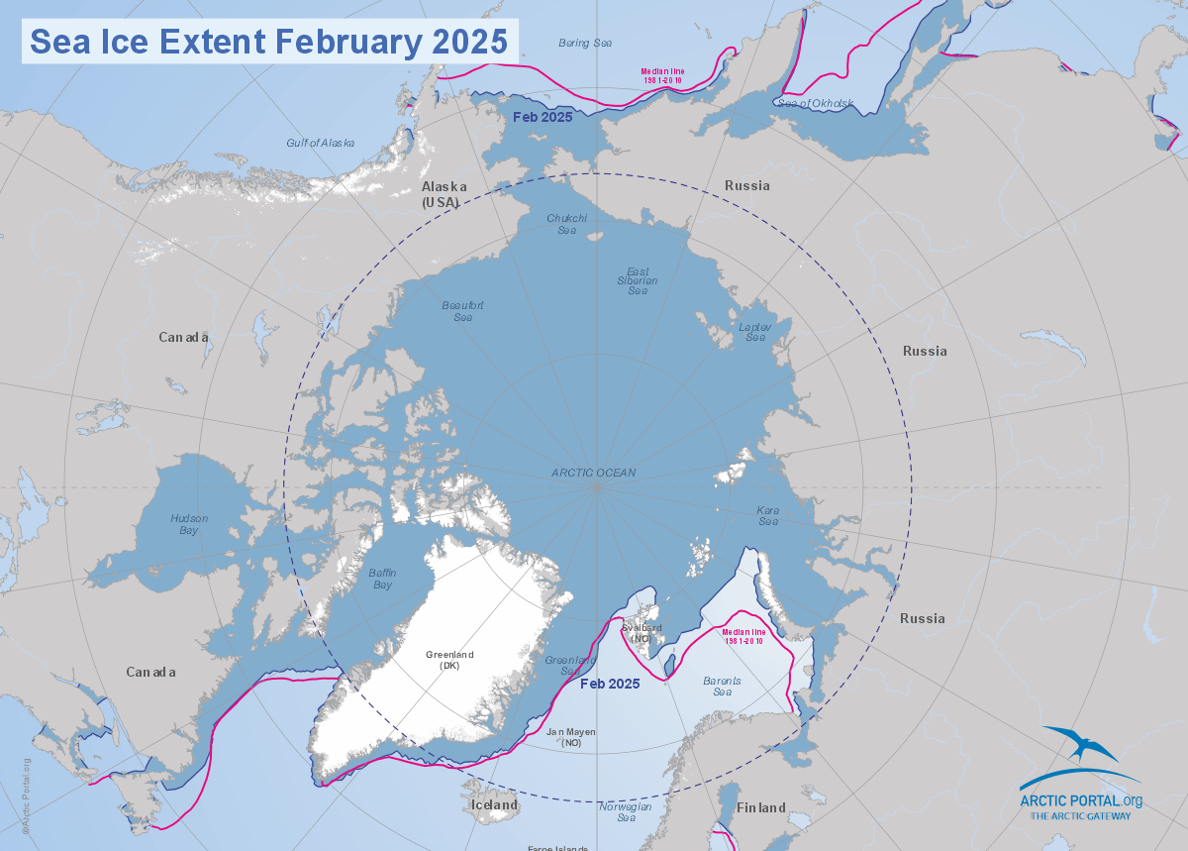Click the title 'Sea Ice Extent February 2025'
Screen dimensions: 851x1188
[268, 42]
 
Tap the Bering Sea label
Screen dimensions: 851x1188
[585, 43]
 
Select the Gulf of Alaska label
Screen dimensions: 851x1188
[320, 143]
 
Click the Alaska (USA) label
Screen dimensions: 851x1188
[441, 194]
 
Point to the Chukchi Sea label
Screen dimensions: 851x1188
[567, 224]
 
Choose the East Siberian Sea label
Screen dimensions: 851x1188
[638, 280]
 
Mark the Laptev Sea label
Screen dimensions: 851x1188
[755, 332]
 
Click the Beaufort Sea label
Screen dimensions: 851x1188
[462, 311]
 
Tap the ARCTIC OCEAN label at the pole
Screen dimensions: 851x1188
[594, 473]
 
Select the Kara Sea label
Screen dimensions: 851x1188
[768, 515]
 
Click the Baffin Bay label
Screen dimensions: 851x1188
[380, 579]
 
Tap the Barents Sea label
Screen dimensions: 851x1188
[723, 686]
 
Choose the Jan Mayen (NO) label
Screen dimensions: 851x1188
[572, 737]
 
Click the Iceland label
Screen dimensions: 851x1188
[494, 805]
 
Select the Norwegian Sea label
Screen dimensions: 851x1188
[626, 812]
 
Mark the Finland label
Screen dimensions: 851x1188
[760, 808]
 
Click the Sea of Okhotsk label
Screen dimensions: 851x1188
[815, 103]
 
